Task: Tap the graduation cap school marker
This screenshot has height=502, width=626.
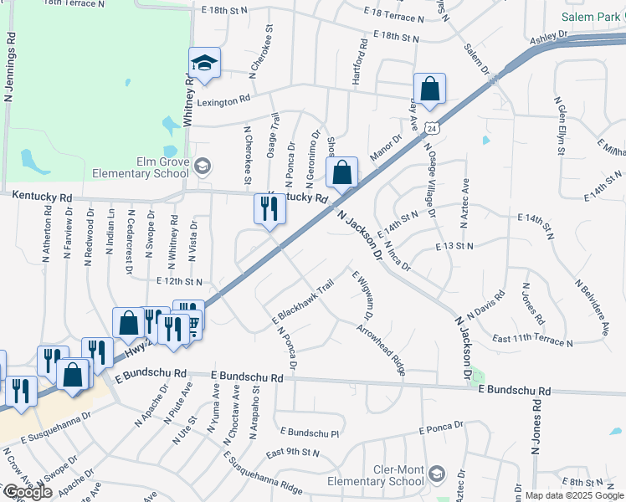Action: pos(203,63)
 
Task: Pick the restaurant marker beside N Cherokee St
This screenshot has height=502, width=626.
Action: pos(269,209)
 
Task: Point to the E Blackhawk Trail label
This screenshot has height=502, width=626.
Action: pos(303,301)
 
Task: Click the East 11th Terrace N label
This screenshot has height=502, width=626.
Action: pos(532,340)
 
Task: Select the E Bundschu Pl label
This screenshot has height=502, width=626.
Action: pos(310,433)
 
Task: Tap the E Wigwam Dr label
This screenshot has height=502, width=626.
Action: pos(361,298)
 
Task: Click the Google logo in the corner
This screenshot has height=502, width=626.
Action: pos(28,492)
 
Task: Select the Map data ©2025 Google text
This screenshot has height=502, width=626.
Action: pos(573,495)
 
